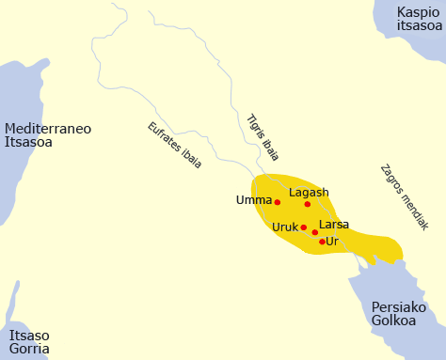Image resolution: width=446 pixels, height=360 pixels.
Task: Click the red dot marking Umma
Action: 277,202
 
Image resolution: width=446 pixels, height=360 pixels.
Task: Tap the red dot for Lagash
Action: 308,204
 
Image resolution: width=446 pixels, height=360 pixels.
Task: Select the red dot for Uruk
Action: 303,227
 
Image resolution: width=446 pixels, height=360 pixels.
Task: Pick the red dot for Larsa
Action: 315,232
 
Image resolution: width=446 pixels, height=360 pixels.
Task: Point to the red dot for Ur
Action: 322,242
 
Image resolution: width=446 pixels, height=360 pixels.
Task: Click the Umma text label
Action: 254,200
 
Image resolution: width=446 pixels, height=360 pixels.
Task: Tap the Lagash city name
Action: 309,193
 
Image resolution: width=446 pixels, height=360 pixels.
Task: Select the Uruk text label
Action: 284,227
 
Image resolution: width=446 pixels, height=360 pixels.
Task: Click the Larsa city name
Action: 334,225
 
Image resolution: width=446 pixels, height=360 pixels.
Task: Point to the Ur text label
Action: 331,242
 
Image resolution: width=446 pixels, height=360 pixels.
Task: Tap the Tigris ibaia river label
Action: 263,137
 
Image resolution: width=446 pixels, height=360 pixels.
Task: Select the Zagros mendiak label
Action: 404,197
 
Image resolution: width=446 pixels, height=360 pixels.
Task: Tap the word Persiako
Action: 399,307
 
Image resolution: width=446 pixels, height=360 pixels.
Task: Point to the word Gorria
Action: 29,349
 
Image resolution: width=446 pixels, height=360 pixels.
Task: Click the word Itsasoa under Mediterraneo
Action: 28,143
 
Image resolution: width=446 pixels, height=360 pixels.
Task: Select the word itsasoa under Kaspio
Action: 419,26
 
